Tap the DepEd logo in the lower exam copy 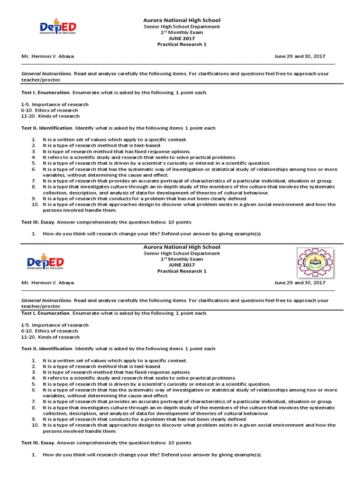(x=45, y=262)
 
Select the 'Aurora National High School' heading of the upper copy (x=182, y=20)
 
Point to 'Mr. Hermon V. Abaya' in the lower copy (x=47, y=283)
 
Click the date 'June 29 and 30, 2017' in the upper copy (x=300, y=56)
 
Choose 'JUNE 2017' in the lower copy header (x=182, y=265)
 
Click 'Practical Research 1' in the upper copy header (x=182, y=45)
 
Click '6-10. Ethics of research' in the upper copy (x=49, y=110)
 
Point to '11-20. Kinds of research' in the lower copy (x=50, y=337)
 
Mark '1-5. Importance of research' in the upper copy (x=55, y=104)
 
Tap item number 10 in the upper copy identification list (x=35, y=205)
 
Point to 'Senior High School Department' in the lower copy (x=182, y=253)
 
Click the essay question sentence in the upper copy (x=152, y=234)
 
